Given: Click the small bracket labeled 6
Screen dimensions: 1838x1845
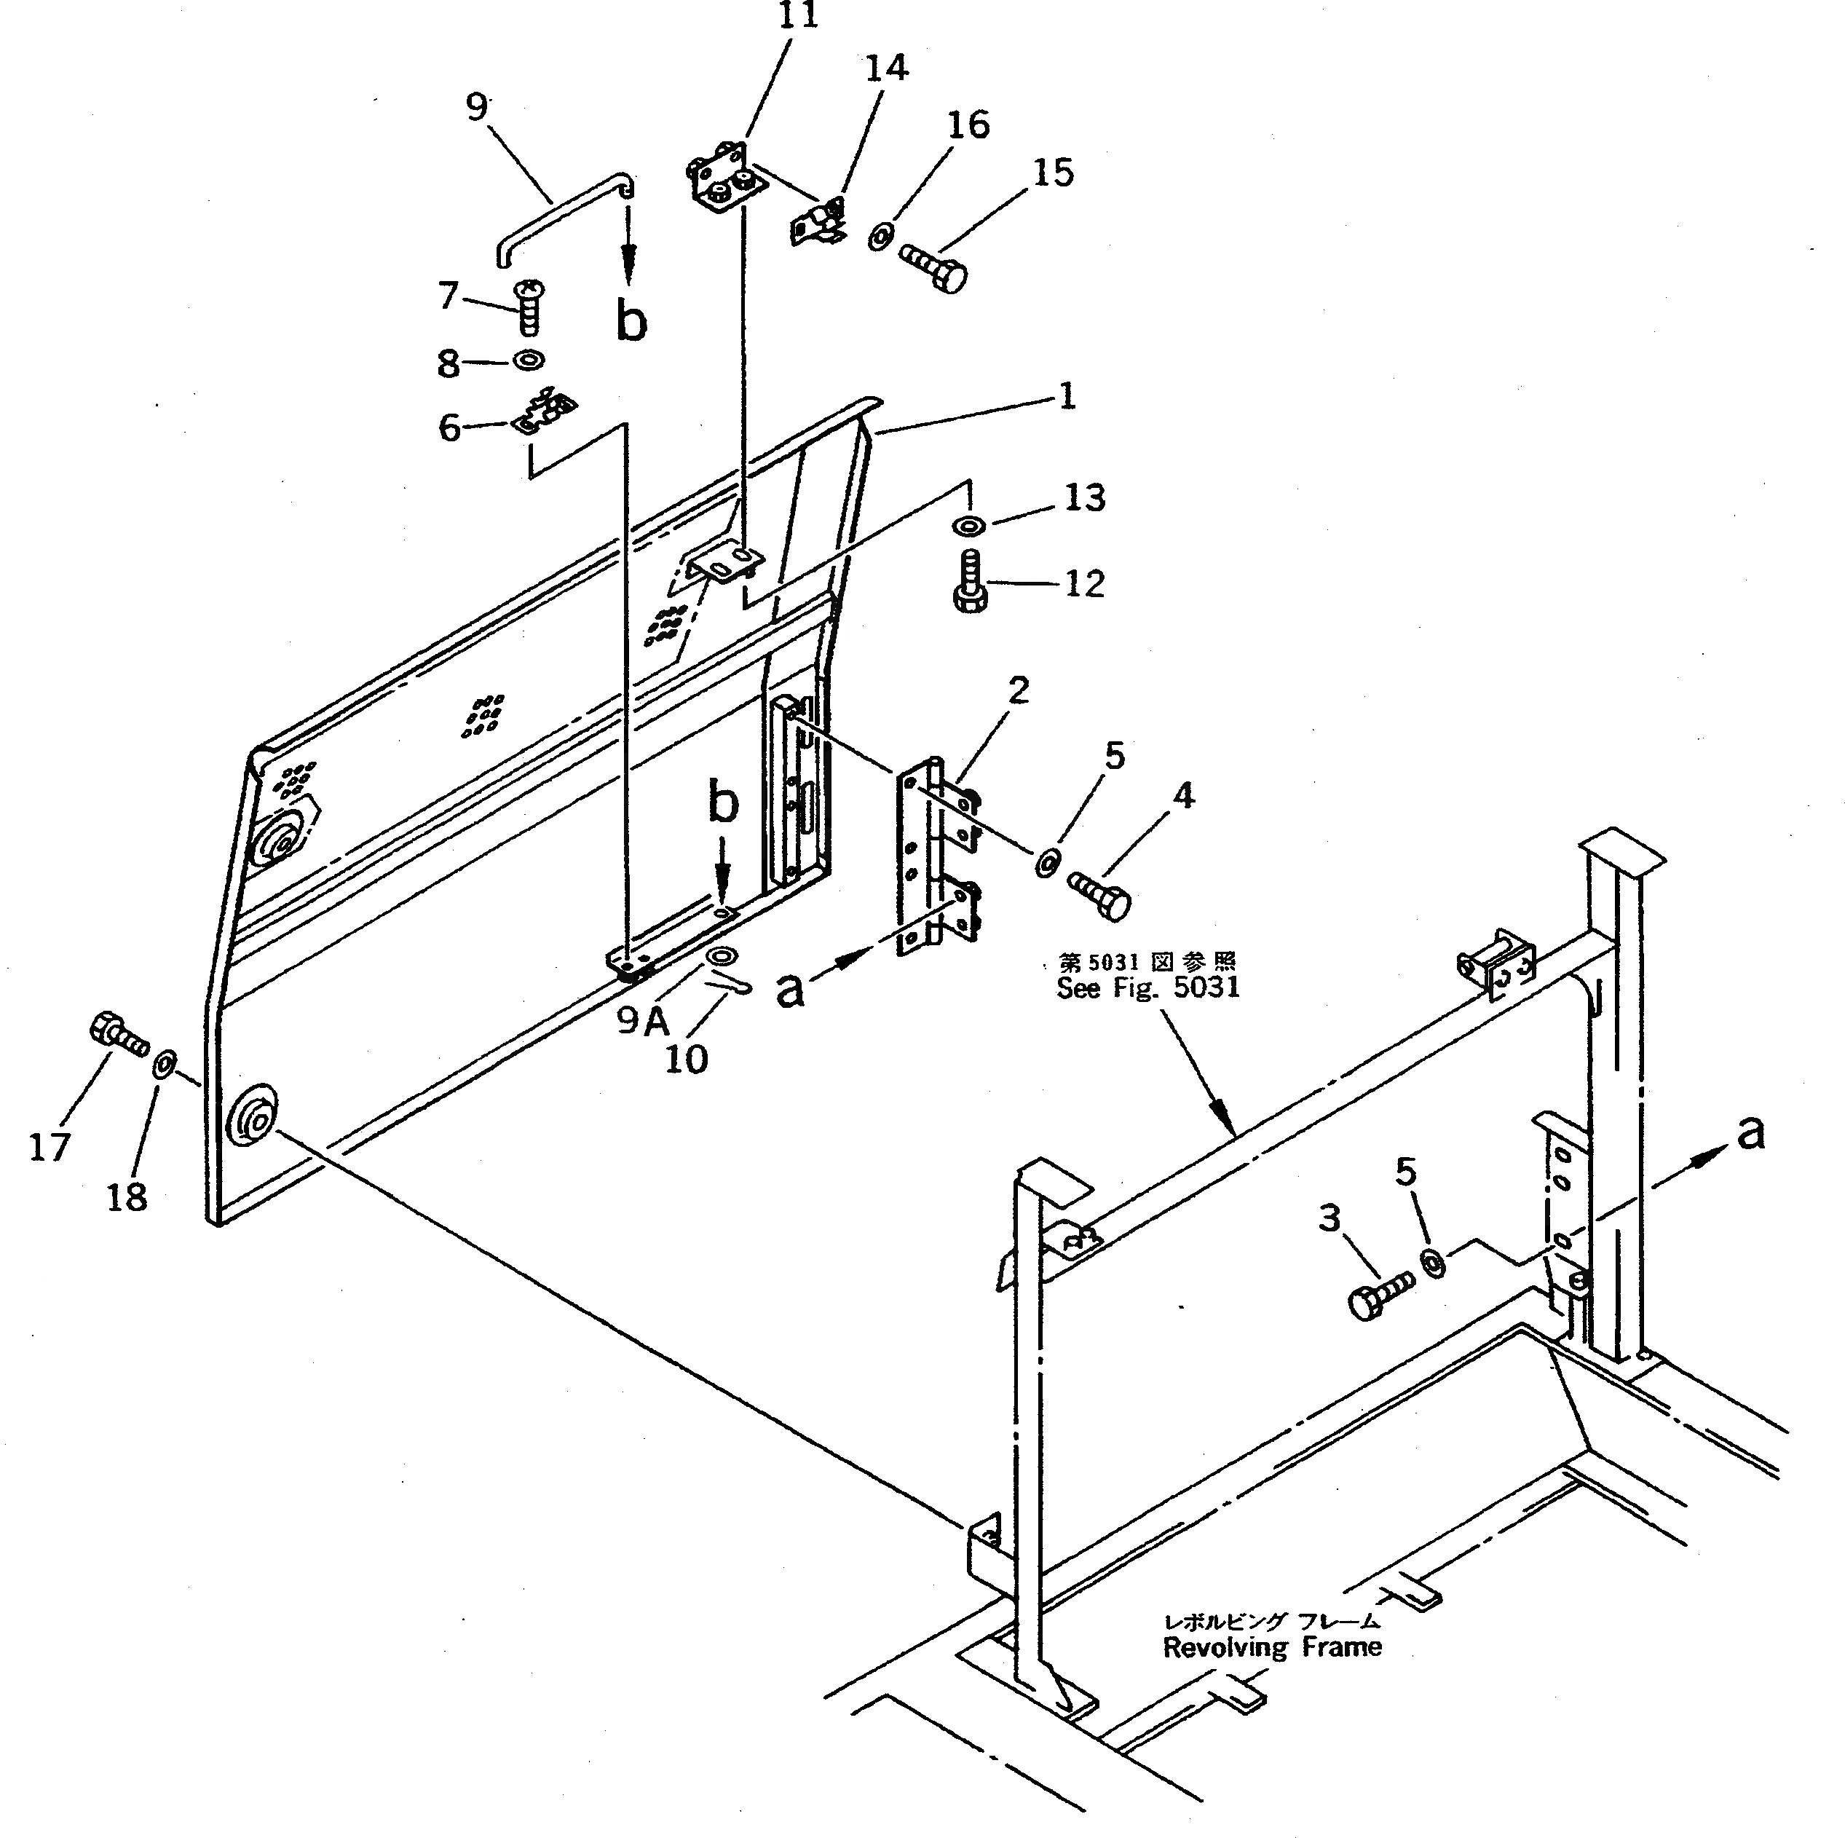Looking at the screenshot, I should point(545,411).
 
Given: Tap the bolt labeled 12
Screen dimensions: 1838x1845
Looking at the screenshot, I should point(971,583).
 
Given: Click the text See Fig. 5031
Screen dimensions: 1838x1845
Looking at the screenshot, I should point(1148,987).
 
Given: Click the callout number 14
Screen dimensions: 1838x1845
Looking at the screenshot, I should point(886,68).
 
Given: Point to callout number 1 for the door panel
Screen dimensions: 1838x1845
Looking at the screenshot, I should point(1067,395).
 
